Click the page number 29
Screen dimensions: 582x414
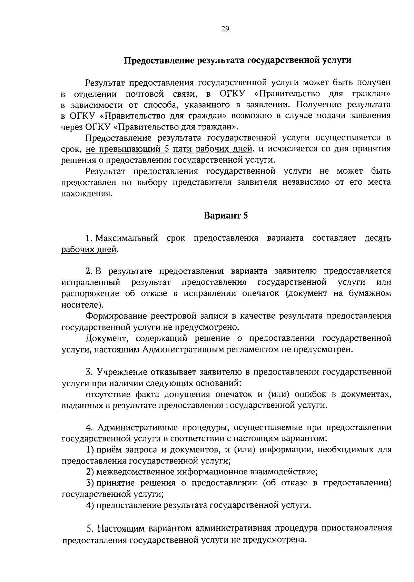[x=225, y=29]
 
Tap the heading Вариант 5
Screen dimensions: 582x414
[x=226, y=215]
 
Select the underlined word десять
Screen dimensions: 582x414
[x=378, y=238]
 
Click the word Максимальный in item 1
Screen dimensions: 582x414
[x=127, y=238]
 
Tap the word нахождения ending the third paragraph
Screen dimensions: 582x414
[x=87, y=194]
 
